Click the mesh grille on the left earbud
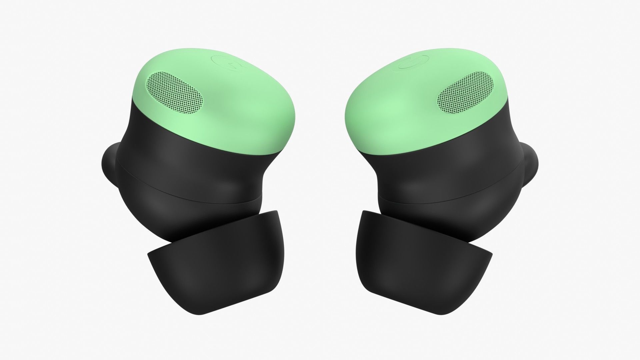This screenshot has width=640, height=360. coord(175,91)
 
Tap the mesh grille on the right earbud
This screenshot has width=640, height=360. coord(465,91)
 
